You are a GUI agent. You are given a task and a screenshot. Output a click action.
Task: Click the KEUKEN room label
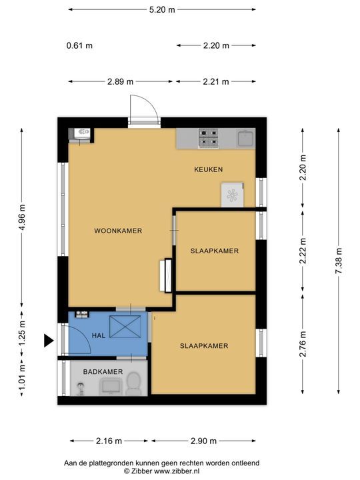(208, 169)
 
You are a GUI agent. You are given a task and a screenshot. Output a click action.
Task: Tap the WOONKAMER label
(118, 231)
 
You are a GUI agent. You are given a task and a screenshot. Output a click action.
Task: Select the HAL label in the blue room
(99, 335)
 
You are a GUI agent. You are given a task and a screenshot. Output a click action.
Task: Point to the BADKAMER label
(103, 371)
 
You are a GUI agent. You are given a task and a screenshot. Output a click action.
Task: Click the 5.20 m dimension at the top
(162, 9)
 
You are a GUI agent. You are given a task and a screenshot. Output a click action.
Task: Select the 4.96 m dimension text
(22, 217)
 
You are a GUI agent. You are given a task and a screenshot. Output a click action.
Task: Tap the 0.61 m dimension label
(79, 45)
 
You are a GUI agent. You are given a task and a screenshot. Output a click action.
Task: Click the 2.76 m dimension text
(303, 344)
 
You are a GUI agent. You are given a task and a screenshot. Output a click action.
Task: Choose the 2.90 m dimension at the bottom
(203, 441)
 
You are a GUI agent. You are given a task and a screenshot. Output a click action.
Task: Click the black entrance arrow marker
(48, 341)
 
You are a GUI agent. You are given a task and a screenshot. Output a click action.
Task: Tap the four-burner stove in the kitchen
(209, 137)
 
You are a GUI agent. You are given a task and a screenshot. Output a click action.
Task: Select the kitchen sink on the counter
(247, 139)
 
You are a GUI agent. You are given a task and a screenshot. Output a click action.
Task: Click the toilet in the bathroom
(133, 384)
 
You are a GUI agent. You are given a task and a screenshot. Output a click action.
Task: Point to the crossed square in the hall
(125, 327)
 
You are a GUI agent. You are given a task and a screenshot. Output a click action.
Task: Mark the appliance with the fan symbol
(233, 195)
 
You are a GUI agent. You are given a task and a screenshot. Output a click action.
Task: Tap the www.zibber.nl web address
(177, 471)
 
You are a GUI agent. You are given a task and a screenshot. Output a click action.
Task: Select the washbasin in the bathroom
(111, 387)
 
